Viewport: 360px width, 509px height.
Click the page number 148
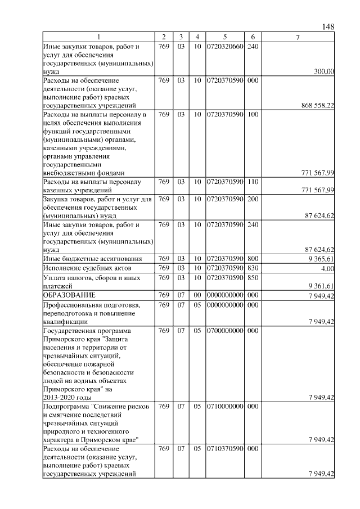tap(328, 26)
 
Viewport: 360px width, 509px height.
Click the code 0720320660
tap(224, 46)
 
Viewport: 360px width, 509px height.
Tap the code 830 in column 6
tap(253, 268)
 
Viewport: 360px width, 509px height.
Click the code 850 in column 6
tap(253, 277)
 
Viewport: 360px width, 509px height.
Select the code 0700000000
tap(224, 331)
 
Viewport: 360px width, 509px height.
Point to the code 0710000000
tap(224, 406)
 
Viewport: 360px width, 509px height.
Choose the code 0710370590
tap(224, 449)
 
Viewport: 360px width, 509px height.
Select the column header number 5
tap(224, 37)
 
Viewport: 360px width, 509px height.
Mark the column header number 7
tap(298, 37)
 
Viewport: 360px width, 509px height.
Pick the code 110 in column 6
tap(253, 182)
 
